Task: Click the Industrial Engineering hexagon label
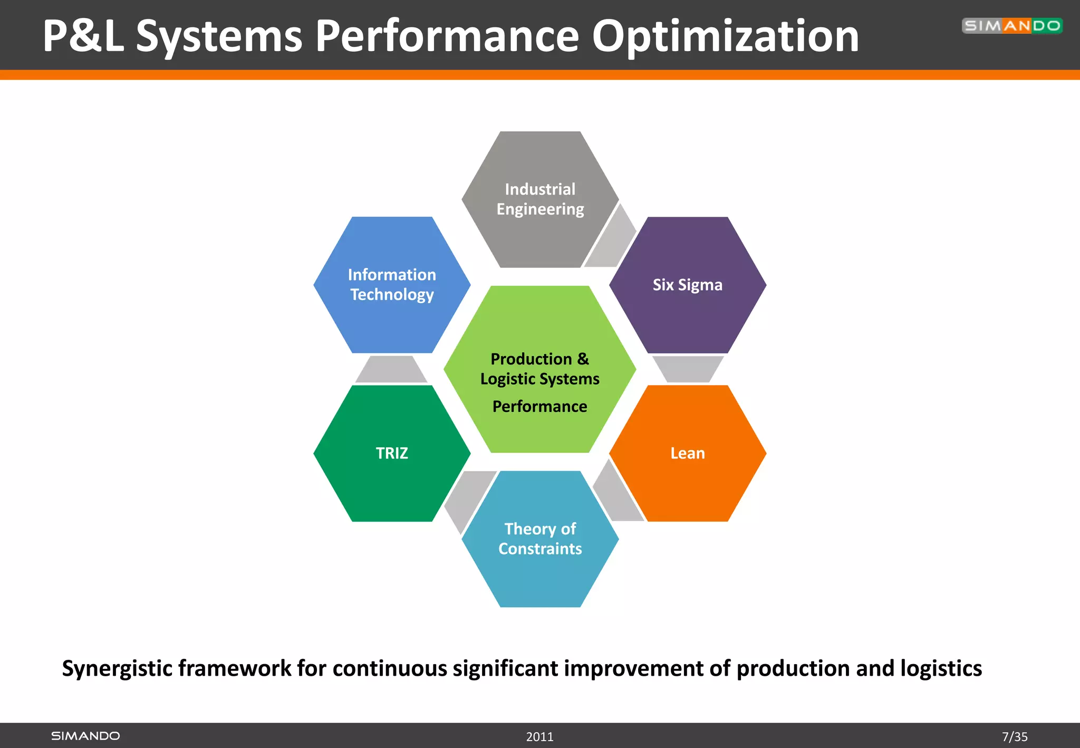point(540,199)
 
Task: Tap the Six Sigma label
point(687,285)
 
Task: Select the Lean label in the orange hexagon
point(687,453)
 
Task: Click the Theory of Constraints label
point(540,539)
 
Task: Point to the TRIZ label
point(392,453)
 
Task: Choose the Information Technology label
point(392,284)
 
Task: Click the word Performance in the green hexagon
point(539,406)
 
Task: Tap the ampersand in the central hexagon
point(583,359)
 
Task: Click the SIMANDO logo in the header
point(1011,26)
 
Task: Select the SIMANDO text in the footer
point(85,736)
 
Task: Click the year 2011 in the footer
point(539,736)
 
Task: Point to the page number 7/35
point(1015,736)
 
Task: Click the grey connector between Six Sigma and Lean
point(688,368)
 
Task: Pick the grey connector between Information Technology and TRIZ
point(391,369)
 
